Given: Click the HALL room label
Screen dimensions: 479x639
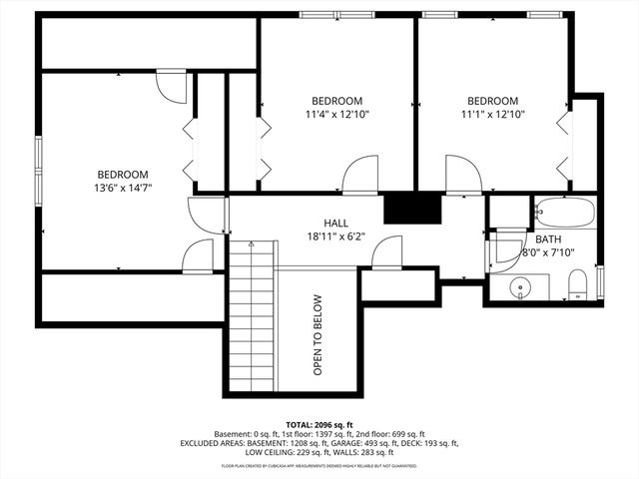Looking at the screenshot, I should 335,223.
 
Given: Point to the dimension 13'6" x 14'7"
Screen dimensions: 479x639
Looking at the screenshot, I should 122,188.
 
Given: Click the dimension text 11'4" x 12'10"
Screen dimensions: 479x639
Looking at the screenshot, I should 336,115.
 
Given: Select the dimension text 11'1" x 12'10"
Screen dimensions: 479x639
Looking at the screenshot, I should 493,115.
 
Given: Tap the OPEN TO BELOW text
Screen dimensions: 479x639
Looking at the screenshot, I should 318,334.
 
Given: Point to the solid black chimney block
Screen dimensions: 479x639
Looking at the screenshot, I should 412,208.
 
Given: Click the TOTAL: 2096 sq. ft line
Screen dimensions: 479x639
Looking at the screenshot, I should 319,424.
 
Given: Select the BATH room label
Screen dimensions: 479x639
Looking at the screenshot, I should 548,239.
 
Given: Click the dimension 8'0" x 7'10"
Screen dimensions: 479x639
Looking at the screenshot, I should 548,252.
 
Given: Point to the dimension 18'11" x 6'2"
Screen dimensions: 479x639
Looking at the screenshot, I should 335,237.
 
